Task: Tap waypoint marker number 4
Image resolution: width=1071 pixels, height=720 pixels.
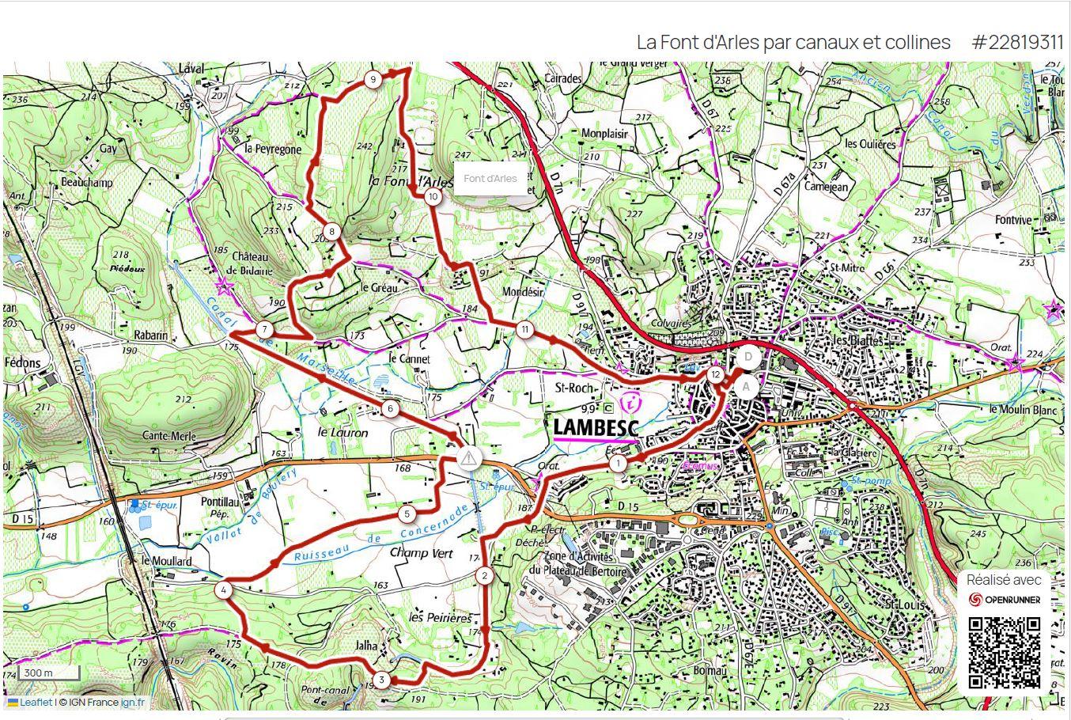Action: tap(225, 589)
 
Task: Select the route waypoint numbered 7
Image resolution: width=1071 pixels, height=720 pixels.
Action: tap(264, 330)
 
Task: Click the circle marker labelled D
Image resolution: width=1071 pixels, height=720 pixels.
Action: tap(747, 357)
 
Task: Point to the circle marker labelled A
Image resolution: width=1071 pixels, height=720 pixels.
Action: tap(745, 387)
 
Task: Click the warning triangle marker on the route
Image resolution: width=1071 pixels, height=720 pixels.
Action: tap(470, 457)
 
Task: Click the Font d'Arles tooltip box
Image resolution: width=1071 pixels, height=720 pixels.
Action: tap(490, 178)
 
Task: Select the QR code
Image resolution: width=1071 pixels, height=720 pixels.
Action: tap(1005, 654)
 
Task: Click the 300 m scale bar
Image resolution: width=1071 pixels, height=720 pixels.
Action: tap(48, 673)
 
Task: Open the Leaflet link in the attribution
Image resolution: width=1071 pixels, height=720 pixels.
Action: tap(36, 702)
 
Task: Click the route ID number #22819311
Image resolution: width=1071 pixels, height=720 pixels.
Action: tap(1017, 42)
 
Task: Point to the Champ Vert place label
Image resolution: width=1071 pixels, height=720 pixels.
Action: tap(421, 553)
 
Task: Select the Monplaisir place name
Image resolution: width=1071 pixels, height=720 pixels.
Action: tap(604, 134)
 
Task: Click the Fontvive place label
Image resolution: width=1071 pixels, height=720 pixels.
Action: tap(1014, 220)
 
